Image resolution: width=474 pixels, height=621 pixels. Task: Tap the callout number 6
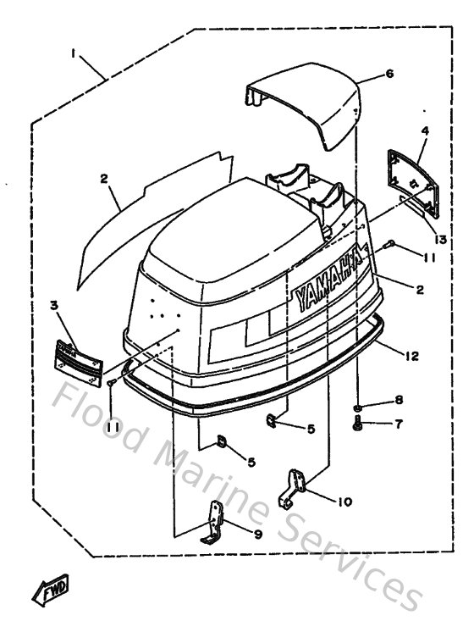pos(389,74)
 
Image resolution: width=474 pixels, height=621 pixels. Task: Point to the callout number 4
pos(425,130)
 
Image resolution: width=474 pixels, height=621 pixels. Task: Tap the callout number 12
pos(411,357)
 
